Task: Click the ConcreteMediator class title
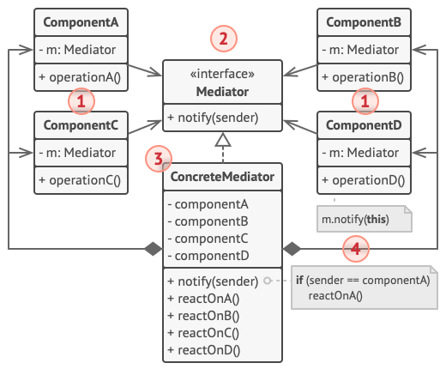[222, 178]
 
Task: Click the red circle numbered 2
[223, 39]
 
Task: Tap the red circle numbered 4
[356, 249]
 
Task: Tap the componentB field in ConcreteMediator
[208, 222]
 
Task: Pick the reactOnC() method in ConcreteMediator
[205, 333]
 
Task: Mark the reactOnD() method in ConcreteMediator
[205, 350]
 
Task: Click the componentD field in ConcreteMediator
[208, 257]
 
